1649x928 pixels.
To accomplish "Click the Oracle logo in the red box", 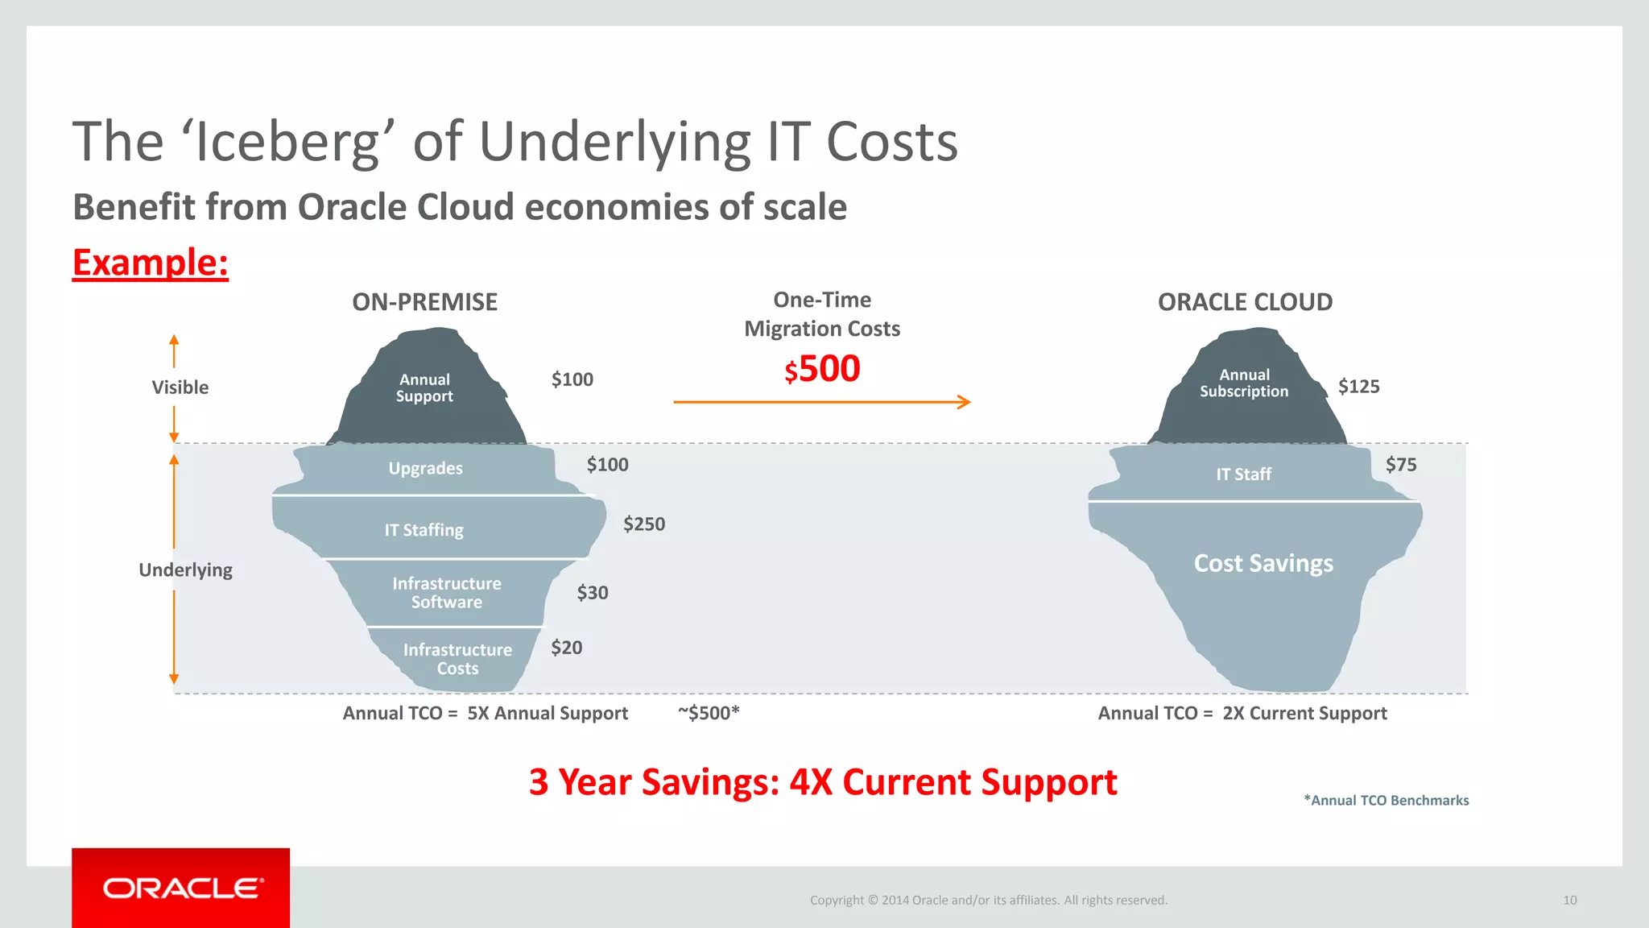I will (x=182, y=888).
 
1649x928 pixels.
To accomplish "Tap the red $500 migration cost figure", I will (x=822, y=369).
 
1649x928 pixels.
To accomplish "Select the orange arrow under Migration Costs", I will (x=821, y=402).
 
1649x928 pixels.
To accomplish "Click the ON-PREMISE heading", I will (x=424, y=302).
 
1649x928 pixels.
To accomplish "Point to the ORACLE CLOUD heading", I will (x=1245, y=302).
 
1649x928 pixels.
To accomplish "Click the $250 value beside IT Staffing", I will (x=644, y=524).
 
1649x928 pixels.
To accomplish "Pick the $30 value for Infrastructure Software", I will (x=593, y=593).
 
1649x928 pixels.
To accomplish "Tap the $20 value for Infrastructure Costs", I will (x=567, y=648).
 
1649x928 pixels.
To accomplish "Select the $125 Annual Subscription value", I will (x=1358, y=387).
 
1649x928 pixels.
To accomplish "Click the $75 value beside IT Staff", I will (x=1401, y=465).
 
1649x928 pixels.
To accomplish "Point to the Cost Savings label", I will (x=1263, y=563).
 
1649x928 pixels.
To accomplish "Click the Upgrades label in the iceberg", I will (x=425, y=468).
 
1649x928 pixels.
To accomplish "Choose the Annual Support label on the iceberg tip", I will (x=424, y=387).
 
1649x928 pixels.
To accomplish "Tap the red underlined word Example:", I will (x=151, y=263).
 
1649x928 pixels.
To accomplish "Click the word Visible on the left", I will (x=180, y=387).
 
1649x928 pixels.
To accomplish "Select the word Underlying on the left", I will (x=185, y=570).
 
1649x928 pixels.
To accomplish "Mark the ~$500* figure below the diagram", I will (x=709, y=713).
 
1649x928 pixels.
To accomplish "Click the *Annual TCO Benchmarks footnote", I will (x=1386, y=800).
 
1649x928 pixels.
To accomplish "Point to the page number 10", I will (x=1569, y=900).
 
